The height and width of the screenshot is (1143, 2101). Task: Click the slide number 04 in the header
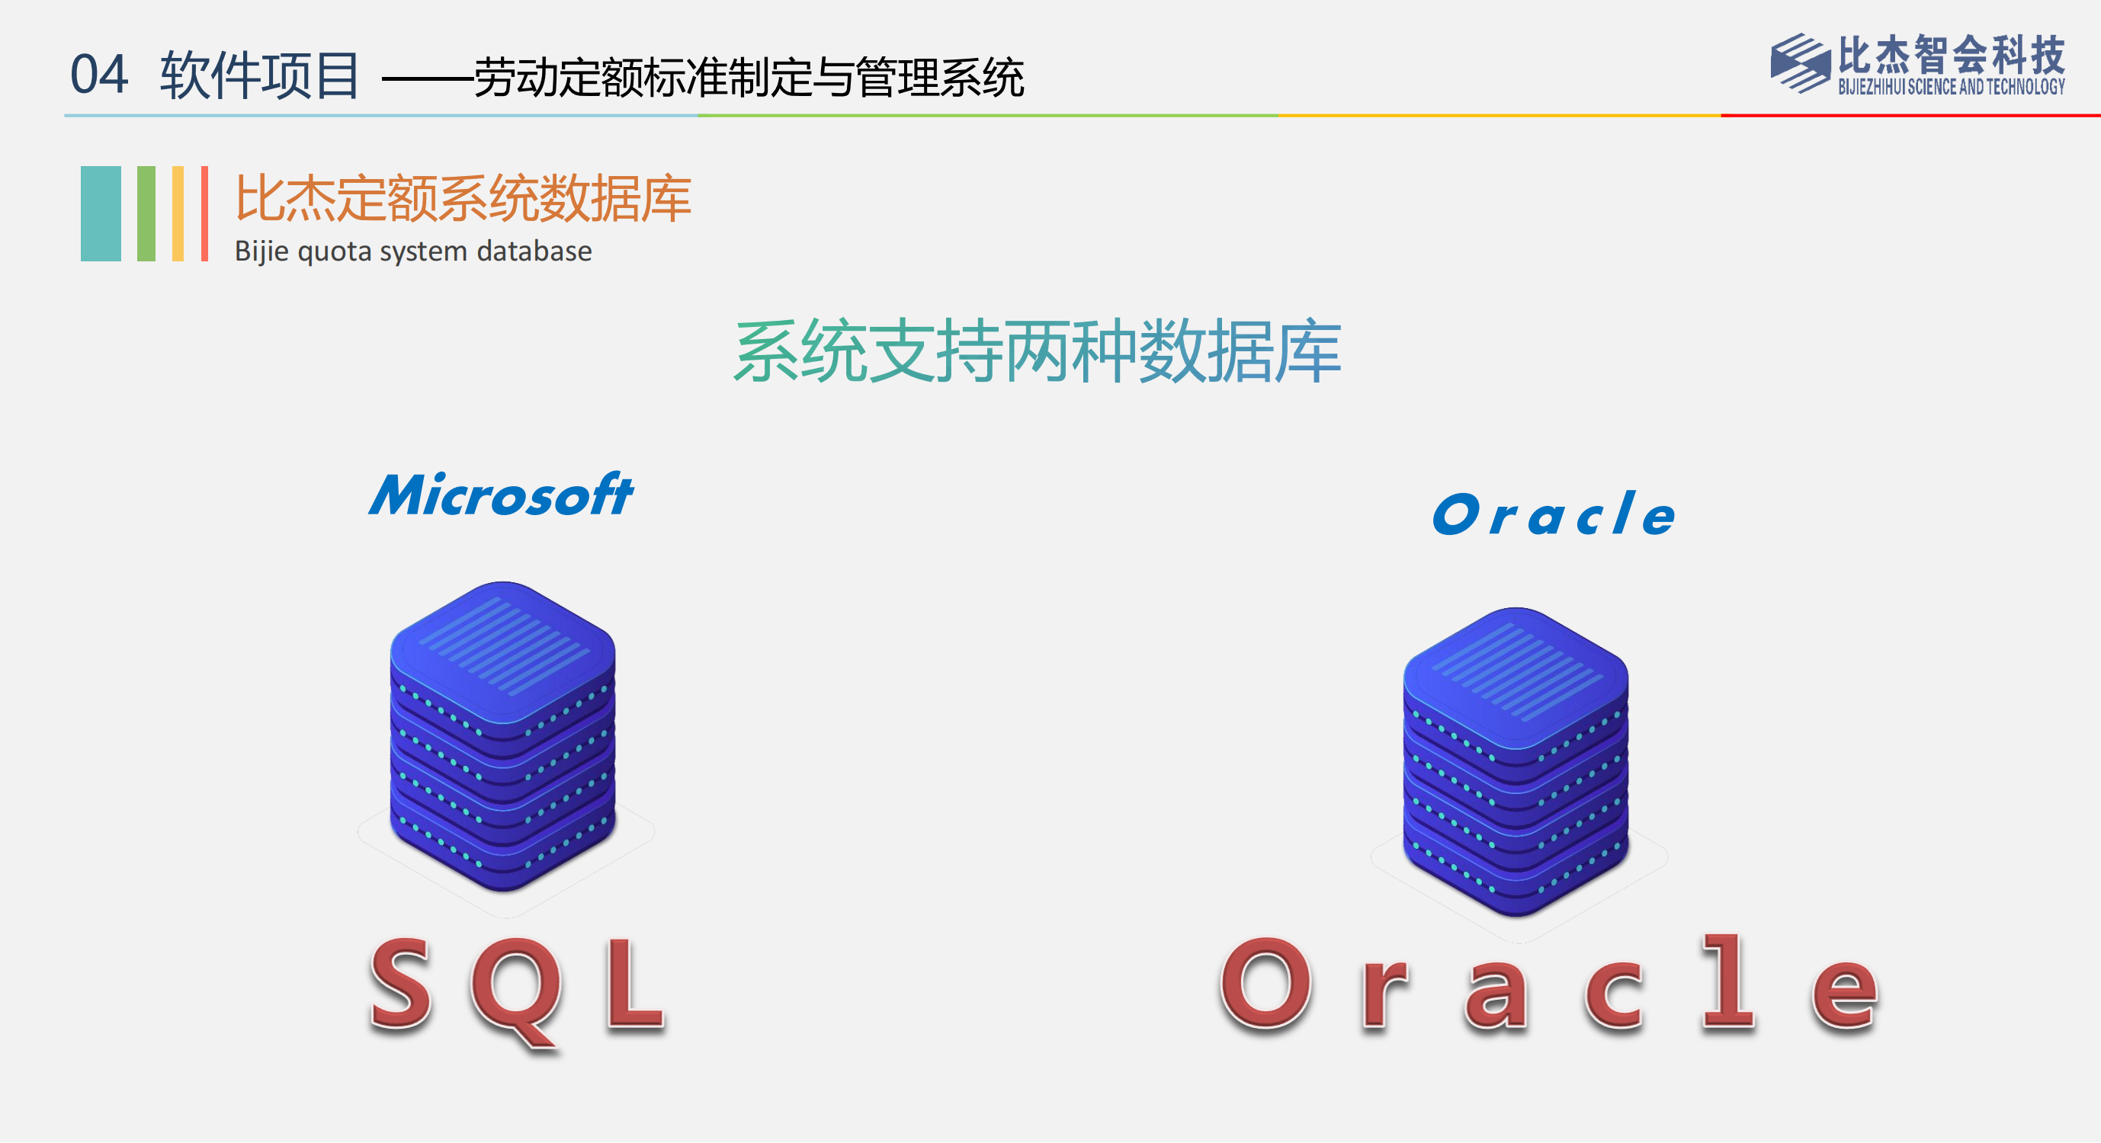pyautogui.click(x=98, y=74)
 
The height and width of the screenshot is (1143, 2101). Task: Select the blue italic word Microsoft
pyautogui.click(x=501, y=494)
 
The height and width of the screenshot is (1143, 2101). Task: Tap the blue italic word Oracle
pyautogui.click(x=1554, y=514)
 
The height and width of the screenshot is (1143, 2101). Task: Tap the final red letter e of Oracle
pyautogui.click(x=1845, y=994)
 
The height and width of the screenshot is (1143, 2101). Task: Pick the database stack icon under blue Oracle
pyautogui.click(x=1516, y=762)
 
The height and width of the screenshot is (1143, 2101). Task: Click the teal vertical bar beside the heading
pyautogui.click(x=101, y=213)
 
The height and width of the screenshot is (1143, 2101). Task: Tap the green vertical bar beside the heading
pyautogui.click(x=146, y=213)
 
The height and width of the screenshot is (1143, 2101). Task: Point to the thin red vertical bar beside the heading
pyautogui.click(x=205, y=213)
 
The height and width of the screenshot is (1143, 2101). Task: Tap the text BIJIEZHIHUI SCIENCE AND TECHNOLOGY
pyautogui.click(x=1951, y=86)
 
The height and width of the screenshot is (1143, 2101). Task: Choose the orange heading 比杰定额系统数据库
pyautogui.click(x=464, y=198)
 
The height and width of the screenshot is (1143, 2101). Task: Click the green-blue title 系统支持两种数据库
pyautogui.click(x=1038, y=351)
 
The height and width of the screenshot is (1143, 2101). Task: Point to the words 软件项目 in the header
pyautogui.click(x=259, y=75)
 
